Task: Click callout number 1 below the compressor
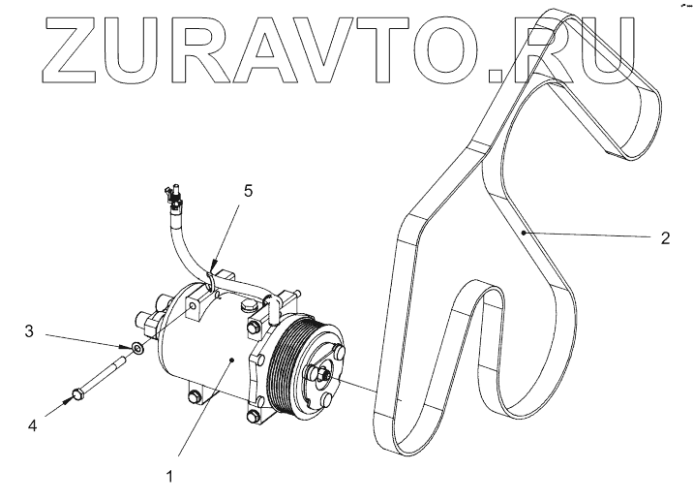coord(170,477)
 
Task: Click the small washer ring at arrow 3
coord(138,347)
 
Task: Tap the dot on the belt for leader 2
coord(523,233)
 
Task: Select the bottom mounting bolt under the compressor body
coord(197,395)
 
